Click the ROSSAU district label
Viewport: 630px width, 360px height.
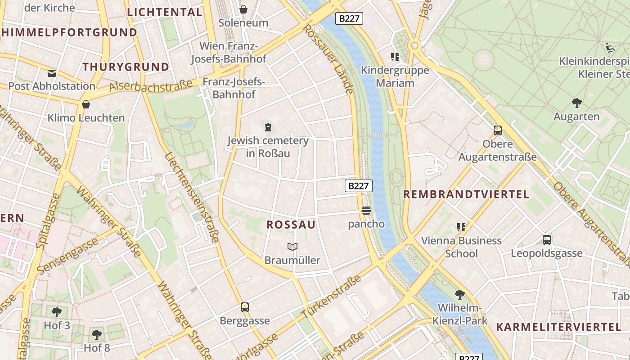pos(291,225)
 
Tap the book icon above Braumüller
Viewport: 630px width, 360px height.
pos(292,247)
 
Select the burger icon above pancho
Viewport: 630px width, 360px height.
pos(366,210)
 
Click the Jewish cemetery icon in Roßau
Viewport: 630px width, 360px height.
pos(268,127)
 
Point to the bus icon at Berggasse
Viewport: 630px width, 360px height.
pos(244,307)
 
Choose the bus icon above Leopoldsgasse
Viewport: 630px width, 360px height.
pos(547,240)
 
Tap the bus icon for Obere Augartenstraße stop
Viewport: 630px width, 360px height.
pos(498,130)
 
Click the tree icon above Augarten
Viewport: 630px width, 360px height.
pos(576,103)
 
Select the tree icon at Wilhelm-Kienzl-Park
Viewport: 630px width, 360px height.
pos(460,295)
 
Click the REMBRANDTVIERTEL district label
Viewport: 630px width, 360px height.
pos(466,194)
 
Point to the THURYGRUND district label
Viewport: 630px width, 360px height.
pos(126,67)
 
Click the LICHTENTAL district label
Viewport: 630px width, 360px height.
pos(165,12)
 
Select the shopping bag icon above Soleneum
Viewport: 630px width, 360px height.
pos(243,9)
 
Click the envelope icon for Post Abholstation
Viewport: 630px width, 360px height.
pos(52,73)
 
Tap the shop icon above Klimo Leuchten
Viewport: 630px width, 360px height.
pos(86,104)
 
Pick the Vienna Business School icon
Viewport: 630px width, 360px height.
pos(461,227)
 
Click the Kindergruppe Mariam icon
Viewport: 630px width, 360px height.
pos(395,57)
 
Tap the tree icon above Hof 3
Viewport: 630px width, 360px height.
pos(57,312)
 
